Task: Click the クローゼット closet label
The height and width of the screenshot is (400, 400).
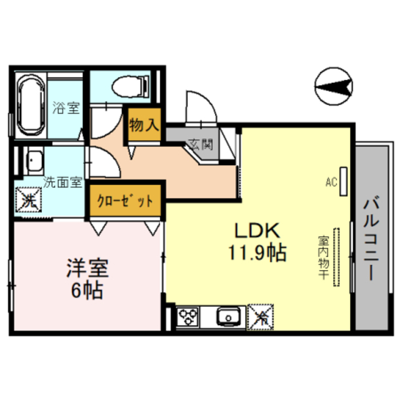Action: tap(125, 201)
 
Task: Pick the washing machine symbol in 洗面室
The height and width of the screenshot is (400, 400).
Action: tap(27, 201)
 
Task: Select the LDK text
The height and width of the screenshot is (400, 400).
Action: tap(256, 231)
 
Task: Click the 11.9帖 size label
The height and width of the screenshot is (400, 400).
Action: tap(256, 253)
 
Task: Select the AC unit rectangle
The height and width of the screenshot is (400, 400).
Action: tap(343, 182)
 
